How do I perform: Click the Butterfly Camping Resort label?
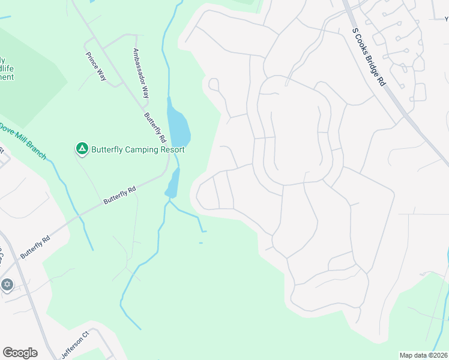click(x=138, y=149)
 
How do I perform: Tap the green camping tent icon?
click(x=82, y=148)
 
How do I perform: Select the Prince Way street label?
click(x=96, y=68)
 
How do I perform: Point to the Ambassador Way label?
click(x=141, y=73)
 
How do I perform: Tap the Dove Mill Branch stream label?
click(x=23, y=141)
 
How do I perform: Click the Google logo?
click(x=20, y=353)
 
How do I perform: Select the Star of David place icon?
click(x=7, y=284)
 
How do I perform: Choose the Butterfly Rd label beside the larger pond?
click(x=154, y=127)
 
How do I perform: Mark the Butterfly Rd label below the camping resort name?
click(x=119, y=195)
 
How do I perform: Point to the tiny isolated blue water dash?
click(x=200, y=243)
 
